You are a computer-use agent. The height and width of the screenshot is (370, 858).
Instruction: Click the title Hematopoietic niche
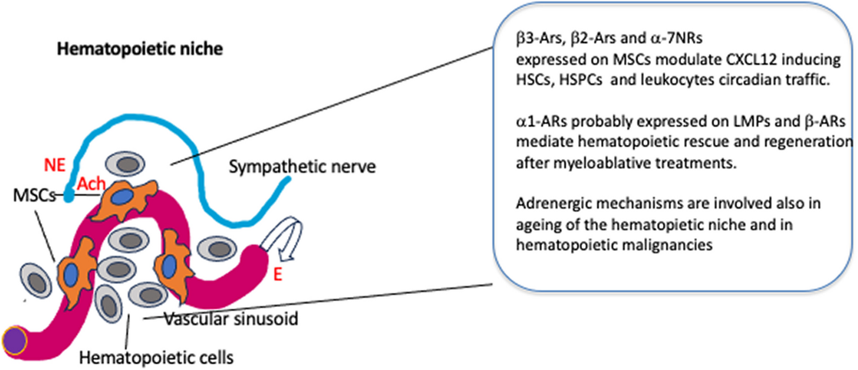click(140, 49)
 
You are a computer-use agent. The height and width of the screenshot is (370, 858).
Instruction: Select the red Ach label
click(90, 184)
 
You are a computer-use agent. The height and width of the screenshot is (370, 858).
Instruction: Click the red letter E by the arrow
click(278, 275)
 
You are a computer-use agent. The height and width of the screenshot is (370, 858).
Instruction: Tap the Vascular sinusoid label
click(231, 318)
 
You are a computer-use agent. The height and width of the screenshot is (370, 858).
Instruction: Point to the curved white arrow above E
click(276, 246)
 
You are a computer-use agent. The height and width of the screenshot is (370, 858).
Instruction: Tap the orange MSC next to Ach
click(121, 196)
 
